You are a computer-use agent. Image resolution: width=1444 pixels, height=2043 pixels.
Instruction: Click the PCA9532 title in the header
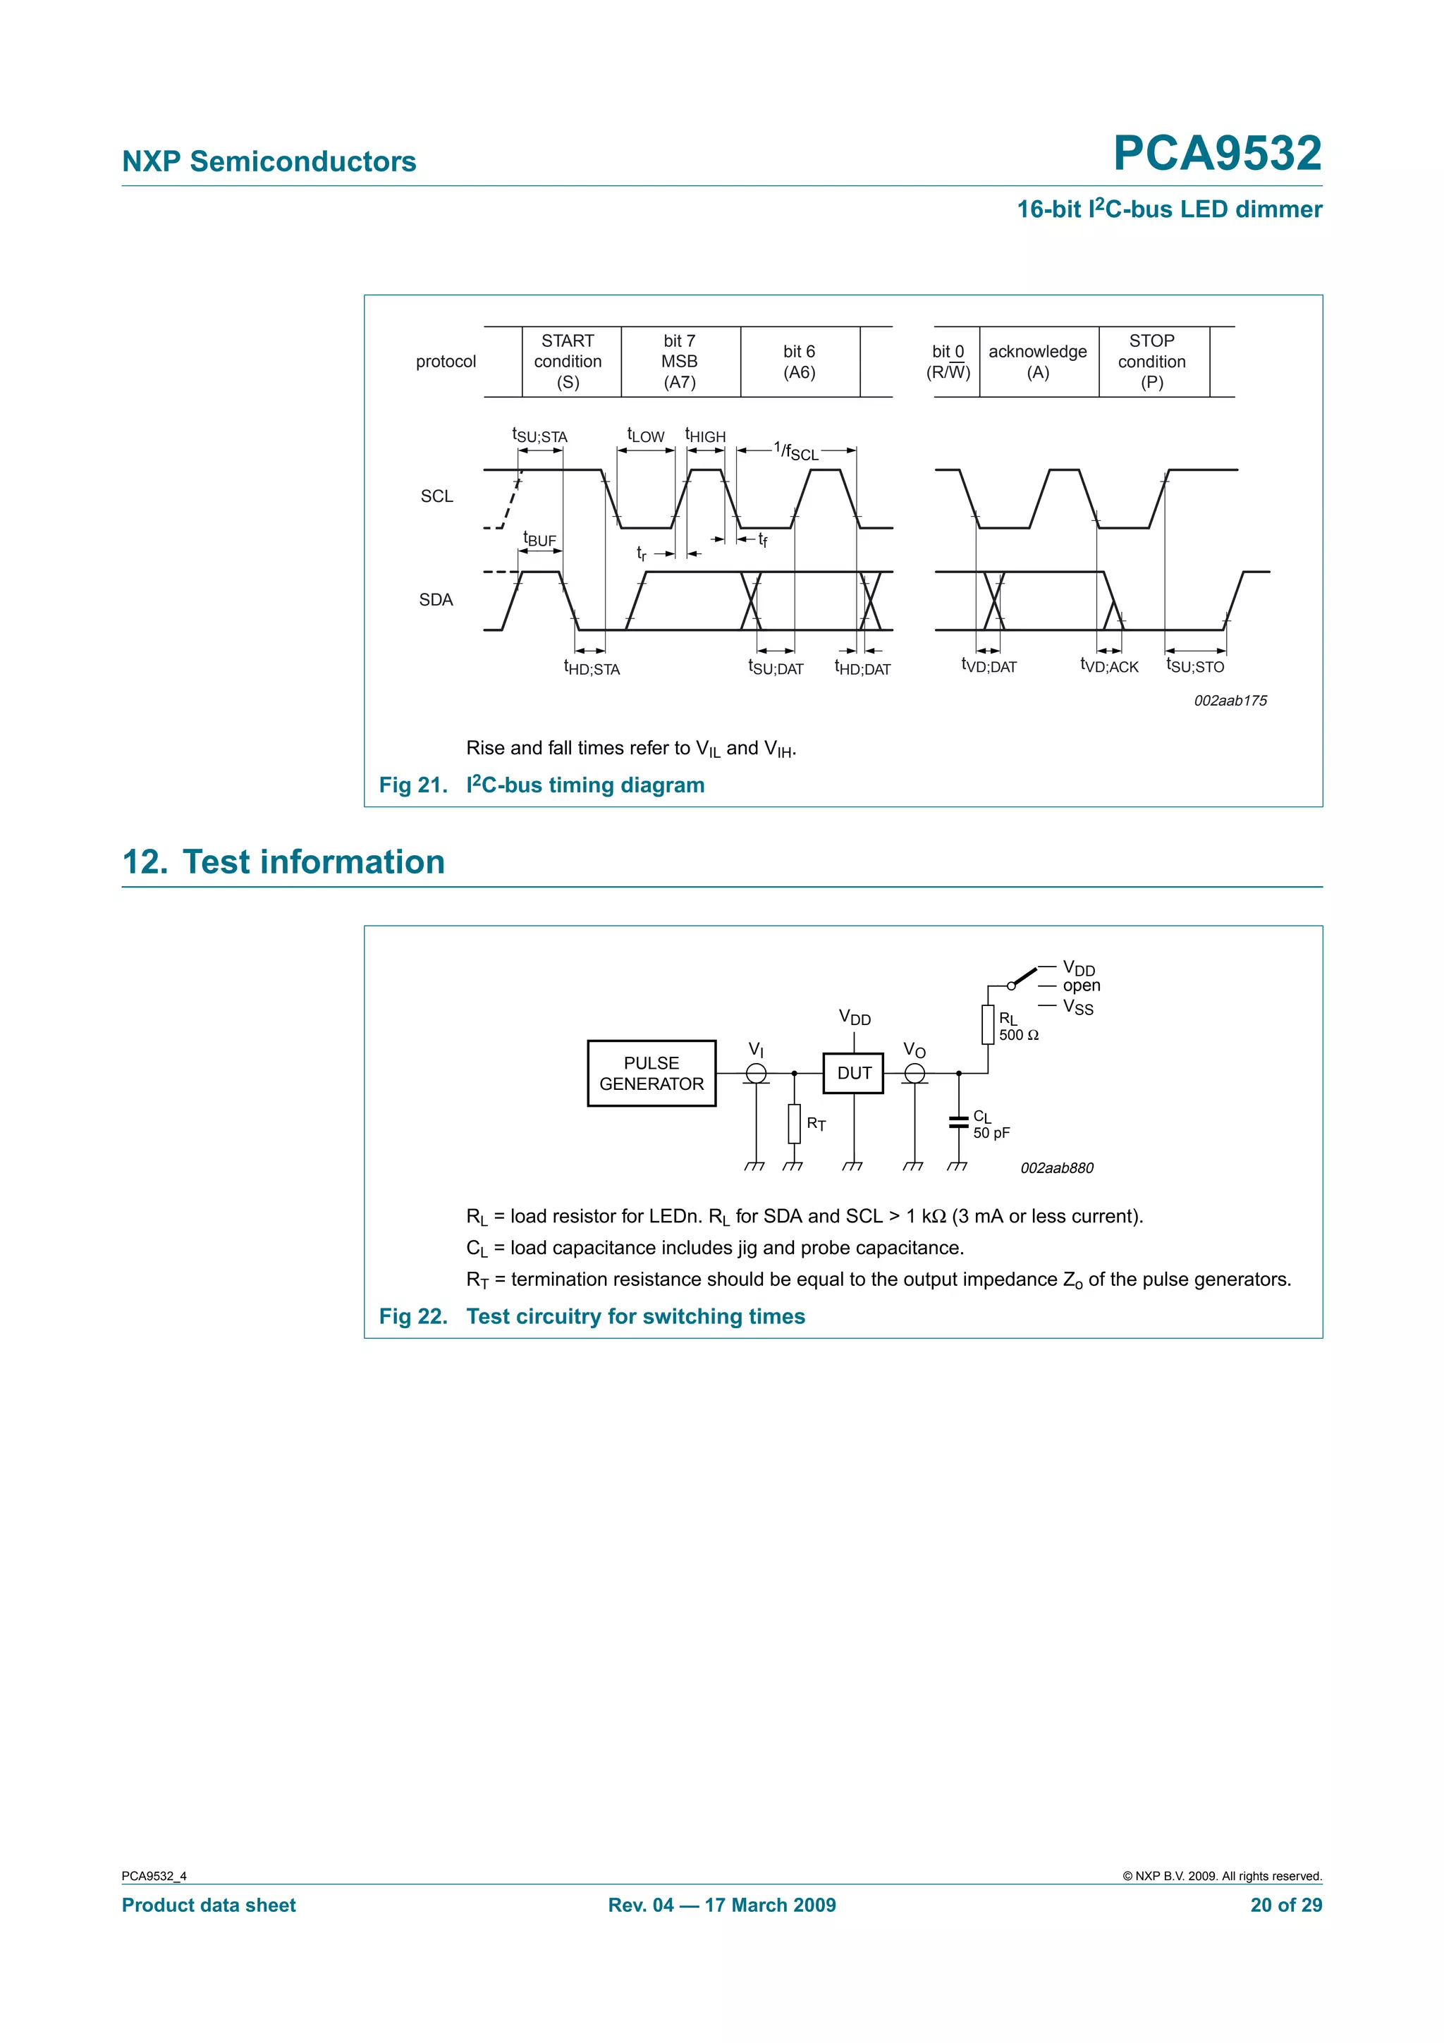1216,153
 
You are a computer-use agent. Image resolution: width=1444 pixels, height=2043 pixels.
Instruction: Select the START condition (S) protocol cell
568,361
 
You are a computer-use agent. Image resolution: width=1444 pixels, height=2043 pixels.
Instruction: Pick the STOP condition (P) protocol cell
1151,361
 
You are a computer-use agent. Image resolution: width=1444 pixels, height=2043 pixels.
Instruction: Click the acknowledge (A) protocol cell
1037,361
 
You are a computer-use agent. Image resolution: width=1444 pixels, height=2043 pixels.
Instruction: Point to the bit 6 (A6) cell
799,361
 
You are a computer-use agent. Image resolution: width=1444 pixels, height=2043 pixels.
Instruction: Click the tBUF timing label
539,539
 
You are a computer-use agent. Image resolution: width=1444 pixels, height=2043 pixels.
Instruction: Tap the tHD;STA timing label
592,668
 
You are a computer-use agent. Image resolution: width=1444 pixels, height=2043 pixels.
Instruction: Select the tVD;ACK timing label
1108,665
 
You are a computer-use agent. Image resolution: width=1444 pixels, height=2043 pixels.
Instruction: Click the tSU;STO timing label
1195,665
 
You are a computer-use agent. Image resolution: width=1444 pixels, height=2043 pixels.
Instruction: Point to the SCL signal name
437,496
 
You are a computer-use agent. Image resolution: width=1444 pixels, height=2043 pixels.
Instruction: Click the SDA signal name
436,600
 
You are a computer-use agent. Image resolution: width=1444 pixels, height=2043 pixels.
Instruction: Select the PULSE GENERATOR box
651,1073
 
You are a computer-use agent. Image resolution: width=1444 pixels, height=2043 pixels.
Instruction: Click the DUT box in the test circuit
853,1073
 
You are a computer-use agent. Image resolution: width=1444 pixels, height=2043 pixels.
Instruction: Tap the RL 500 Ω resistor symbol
988,1024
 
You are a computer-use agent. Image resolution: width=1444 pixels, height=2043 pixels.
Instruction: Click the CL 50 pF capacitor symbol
958,1123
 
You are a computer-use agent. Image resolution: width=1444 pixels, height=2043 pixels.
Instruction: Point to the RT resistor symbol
794,1123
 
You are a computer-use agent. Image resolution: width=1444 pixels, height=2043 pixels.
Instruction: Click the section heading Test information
313,861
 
